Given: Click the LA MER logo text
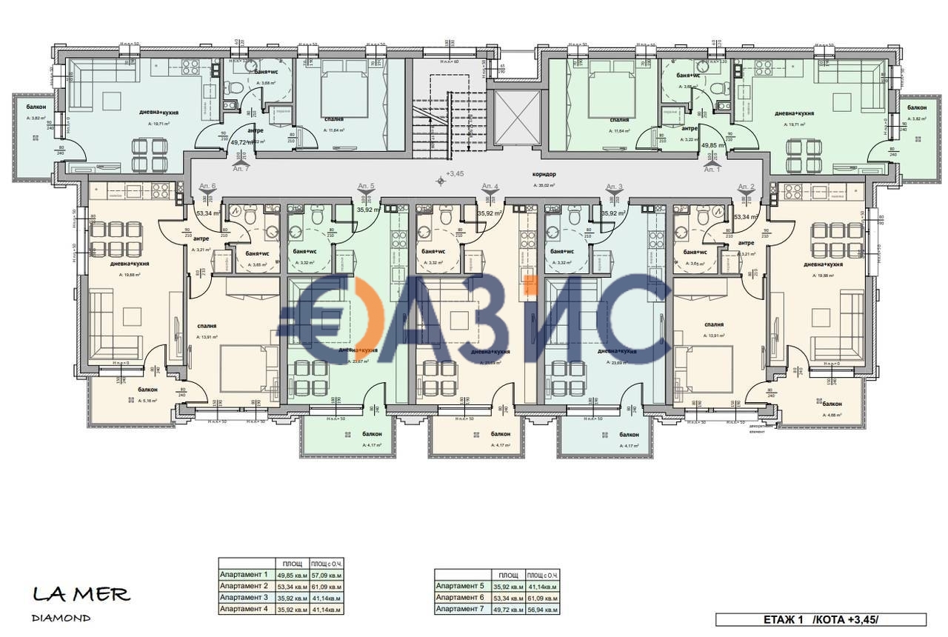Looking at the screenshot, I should [81, 594].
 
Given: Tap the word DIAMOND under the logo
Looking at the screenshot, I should [61, 618].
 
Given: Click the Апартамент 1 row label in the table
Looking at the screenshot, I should [244, 574].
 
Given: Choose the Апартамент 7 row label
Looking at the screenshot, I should [461, 609].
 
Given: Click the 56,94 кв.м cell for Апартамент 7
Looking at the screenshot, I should [543, 609].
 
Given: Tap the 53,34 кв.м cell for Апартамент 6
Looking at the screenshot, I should [508, 597].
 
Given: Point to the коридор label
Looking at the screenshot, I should [544, 174].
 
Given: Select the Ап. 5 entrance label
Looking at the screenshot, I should [366, 185].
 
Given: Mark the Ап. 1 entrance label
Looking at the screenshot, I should [711, 170].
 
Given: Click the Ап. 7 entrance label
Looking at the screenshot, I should [241, 170].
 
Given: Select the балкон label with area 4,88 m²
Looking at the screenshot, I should [832, 404].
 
